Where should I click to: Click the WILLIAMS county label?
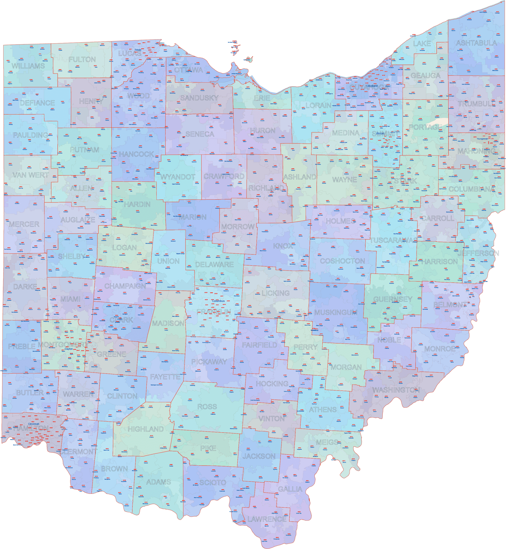28,66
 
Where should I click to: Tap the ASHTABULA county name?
476,43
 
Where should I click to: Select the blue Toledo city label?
138,50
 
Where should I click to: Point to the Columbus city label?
218,301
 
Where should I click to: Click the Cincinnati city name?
34,424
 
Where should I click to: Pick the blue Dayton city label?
69,349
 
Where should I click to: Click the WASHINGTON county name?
396,390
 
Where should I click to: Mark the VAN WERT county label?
31,175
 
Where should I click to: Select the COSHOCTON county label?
342,261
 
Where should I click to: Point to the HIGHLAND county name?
146,429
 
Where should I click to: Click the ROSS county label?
207,407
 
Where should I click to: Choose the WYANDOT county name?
178,177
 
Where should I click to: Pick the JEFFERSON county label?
478,253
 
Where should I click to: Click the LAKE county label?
422,44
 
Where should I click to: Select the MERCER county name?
24,224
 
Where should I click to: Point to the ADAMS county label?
159,482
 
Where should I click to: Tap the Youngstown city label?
482,139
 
